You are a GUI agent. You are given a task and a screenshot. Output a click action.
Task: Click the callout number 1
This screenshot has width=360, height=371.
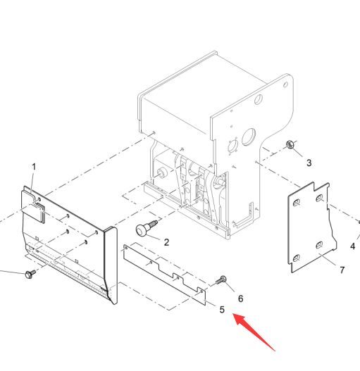coord(34,167)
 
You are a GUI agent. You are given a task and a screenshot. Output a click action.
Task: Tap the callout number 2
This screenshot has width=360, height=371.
coord(166,242)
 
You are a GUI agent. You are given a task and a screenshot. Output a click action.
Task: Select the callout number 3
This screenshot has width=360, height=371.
coord(309,163)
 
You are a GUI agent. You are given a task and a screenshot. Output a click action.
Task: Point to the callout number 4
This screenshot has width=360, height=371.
coord(353,246)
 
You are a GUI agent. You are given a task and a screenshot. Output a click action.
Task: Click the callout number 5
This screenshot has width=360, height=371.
coord(222,310)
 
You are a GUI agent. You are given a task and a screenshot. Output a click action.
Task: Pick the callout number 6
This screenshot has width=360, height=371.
coord(240,298)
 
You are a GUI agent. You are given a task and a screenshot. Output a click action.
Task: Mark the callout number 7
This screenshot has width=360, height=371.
coord(342,270)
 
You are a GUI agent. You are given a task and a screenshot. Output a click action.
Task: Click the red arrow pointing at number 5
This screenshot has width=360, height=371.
coord(254,332)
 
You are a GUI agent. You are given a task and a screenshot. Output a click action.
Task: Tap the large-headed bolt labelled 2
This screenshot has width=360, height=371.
coord(146,228)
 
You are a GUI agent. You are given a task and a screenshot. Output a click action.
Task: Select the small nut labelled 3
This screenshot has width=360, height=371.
coord(290,144)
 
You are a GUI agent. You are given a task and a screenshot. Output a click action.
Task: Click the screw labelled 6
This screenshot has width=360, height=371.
coord(221,280)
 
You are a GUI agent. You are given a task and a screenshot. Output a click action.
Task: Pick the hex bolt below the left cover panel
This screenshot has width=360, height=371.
coord(30,274)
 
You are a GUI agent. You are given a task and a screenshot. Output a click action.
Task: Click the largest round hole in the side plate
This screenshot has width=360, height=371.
coord(249,137)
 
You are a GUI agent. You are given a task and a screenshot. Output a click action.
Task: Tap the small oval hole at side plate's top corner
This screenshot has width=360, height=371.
coord(285,84)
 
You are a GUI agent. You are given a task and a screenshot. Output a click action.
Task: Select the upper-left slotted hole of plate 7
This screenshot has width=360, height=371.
coord(297,203)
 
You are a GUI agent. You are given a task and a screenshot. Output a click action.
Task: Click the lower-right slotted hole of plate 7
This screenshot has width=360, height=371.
coord(319,245)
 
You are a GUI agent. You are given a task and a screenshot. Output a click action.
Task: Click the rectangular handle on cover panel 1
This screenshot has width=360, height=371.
coord(39,212)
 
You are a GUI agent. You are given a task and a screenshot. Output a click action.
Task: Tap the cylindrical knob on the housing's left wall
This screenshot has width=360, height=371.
coord(162,173)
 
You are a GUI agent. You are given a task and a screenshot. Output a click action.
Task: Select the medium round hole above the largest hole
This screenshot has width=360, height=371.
coord(259,99)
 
